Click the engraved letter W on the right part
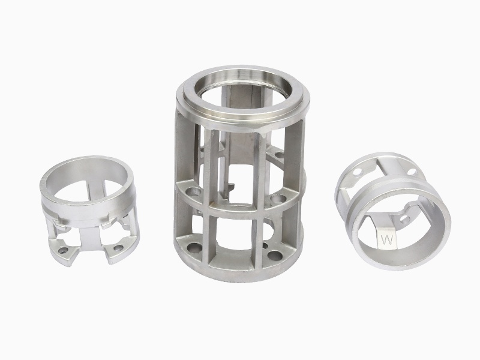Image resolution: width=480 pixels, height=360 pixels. click(x=386, y=241)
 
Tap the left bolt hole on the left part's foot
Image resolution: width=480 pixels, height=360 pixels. click(x=63, y=251)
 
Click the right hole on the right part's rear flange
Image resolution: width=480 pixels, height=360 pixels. click(x=412, y=172)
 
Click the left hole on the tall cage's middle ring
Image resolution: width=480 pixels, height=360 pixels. click(x=194, y=193)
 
